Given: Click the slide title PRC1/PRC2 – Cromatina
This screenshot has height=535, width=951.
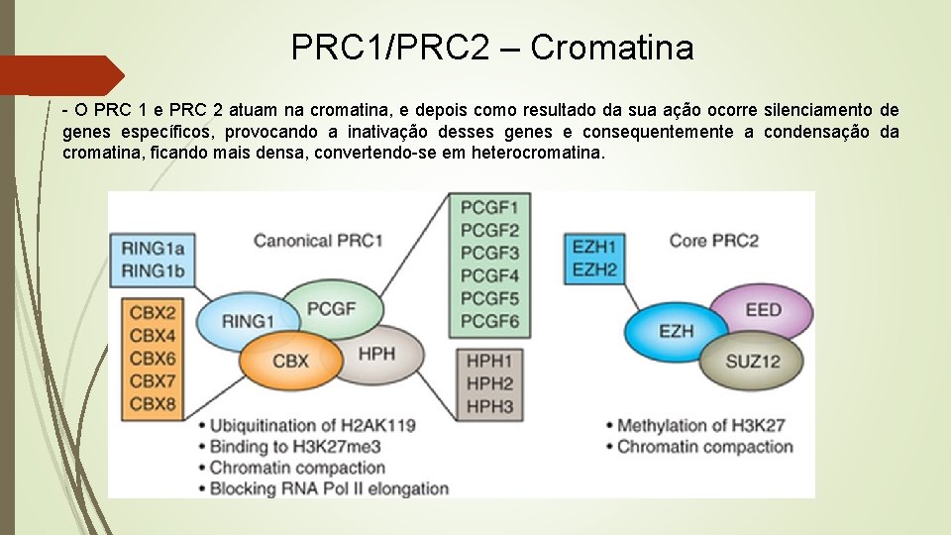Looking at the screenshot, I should pyautogui.click(x=492, y=47).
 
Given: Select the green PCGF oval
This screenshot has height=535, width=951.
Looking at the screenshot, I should pyautogui.click(x=330, y=307).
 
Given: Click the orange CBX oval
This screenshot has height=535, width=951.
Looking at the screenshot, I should pyautogui.click(x=289, y=361).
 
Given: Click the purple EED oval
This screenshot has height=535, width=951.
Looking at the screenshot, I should pyautogui.click(x=763, y=309).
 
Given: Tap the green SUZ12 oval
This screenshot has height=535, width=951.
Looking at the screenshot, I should pyautogui.click(x=752, y=361).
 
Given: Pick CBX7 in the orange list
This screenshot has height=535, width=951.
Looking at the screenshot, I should pyautogui.click(x=153, y=380).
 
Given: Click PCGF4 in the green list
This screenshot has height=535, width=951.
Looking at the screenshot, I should pyautogui.click(x=489, y=274).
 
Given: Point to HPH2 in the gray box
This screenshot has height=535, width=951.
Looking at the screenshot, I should pyautogui.click(x=489, y=383).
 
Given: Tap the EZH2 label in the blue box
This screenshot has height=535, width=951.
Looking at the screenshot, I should pyautogui.click(x=595, y=268).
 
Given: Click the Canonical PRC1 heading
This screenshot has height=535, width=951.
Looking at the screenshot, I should pyautogui.click(x=318, y=240).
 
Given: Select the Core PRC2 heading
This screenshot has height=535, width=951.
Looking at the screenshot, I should pyautogui.click(x=713, y=240).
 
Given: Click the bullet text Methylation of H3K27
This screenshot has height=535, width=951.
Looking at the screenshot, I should pyautogui.click(x=700, y=425).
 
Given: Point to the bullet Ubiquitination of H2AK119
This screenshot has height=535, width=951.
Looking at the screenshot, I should pyautogui.click(x=312, y=425).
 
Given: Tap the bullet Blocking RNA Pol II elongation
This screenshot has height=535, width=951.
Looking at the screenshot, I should pyautogui.click(x=328, y=487).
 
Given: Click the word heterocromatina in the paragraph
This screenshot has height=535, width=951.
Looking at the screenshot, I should pyautogui.click(x=537, y=153).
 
